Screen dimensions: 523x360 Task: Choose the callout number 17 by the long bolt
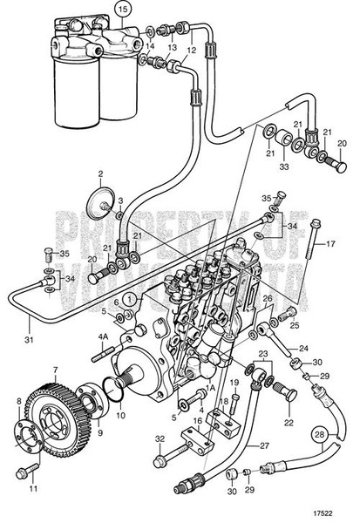click(331, 243)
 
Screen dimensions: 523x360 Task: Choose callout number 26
click(268, 297)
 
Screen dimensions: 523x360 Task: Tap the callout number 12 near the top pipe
click(192, 51)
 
